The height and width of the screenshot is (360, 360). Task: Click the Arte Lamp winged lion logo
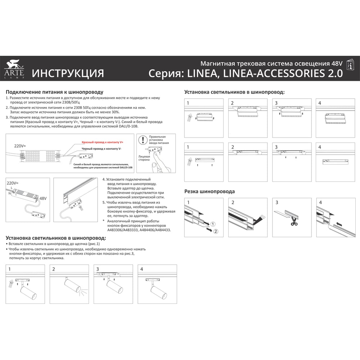point(14,64)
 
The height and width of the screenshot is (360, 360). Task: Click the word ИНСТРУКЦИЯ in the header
point(68,73)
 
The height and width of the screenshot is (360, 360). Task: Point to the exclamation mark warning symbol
point(143,140)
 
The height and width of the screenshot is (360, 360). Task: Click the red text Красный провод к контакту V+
point(102,142)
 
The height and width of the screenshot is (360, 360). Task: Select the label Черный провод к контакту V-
point(102,149)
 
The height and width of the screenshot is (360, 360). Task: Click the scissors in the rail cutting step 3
point(294,221)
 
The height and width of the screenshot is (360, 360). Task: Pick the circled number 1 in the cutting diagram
point(213,224)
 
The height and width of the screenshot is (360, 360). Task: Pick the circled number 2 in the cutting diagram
point(216,231)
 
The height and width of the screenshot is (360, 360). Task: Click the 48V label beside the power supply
point(43,198)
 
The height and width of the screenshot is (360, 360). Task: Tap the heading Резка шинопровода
point(210,192)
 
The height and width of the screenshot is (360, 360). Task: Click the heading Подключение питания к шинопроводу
point(54,92)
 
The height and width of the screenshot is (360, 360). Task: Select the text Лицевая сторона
point(144,158)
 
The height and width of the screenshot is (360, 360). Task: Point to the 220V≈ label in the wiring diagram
point(20,146)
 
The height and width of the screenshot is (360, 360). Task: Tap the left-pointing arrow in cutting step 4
point(339,224)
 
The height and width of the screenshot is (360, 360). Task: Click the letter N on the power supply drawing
point(10,193)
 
